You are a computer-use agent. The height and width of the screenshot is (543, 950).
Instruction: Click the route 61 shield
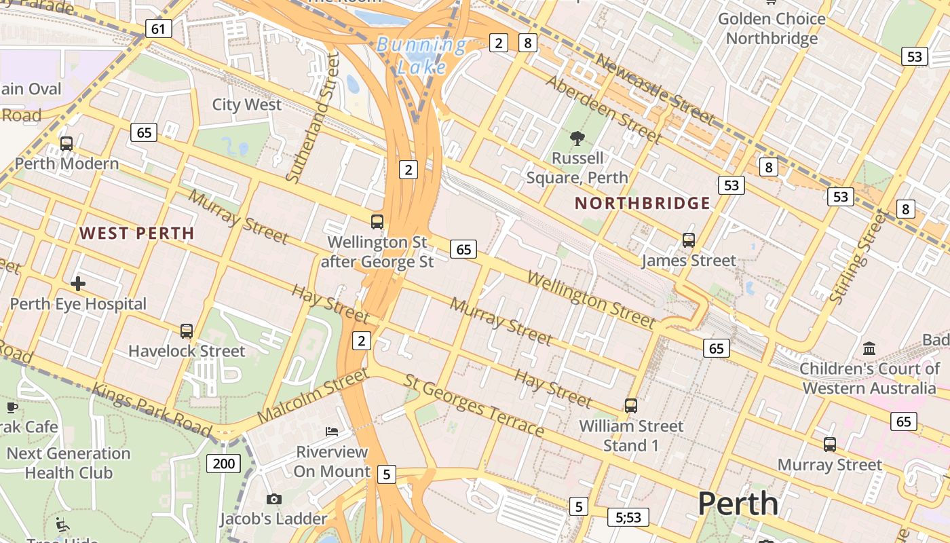(158, 29)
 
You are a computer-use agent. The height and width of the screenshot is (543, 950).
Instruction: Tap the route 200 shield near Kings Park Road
(223, 464)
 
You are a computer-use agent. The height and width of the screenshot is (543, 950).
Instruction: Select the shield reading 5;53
(628, 517)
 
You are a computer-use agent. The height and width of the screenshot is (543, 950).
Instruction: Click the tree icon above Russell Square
(577, 138)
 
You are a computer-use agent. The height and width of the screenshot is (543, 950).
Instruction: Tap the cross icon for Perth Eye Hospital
(78, 283)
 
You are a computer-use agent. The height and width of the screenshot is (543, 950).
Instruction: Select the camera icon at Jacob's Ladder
(273, 500)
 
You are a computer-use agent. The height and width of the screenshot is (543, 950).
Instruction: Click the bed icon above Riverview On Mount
(332, 432)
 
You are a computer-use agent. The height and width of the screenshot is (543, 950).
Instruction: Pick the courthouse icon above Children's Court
(869, 349)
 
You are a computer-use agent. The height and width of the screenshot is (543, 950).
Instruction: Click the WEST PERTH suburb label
(137, 233)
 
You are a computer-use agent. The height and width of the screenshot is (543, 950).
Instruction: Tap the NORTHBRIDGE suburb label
(642, 203)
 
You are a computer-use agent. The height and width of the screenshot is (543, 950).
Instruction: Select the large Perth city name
(738, 504)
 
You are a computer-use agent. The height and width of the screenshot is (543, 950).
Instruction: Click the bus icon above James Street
(689, 240)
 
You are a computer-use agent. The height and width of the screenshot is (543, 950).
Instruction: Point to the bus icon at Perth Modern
(66, 144)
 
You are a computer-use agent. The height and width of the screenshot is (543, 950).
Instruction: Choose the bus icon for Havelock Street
(187, 331)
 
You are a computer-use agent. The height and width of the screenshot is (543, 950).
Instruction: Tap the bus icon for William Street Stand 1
(631, 406)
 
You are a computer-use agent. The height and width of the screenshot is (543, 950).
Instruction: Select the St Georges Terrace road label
(474, 405)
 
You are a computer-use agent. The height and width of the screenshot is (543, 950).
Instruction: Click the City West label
(246, 105)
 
